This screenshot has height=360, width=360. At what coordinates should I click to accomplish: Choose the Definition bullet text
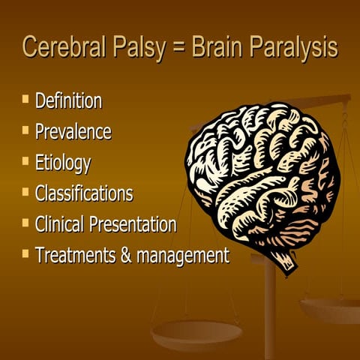click(x=68, y=101)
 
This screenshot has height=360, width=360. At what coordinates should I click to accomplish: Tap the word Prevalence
click(x=73, y=132)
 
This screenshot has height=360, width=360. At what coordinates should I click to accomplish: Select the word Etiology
click(x=62, y=163)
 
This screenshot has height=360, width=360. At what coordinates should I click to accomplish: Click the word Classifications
click(x=84, y=193)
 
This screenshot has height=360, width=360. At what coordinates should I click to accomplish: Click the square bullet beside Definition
click(x=26, y=99)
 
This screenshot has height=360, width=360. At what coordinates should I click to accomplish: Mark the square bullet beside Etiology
click(x=26, y=160)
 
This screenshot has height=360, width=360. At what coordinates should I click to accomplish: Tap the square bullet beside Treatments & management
click(x=26, y=253)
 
